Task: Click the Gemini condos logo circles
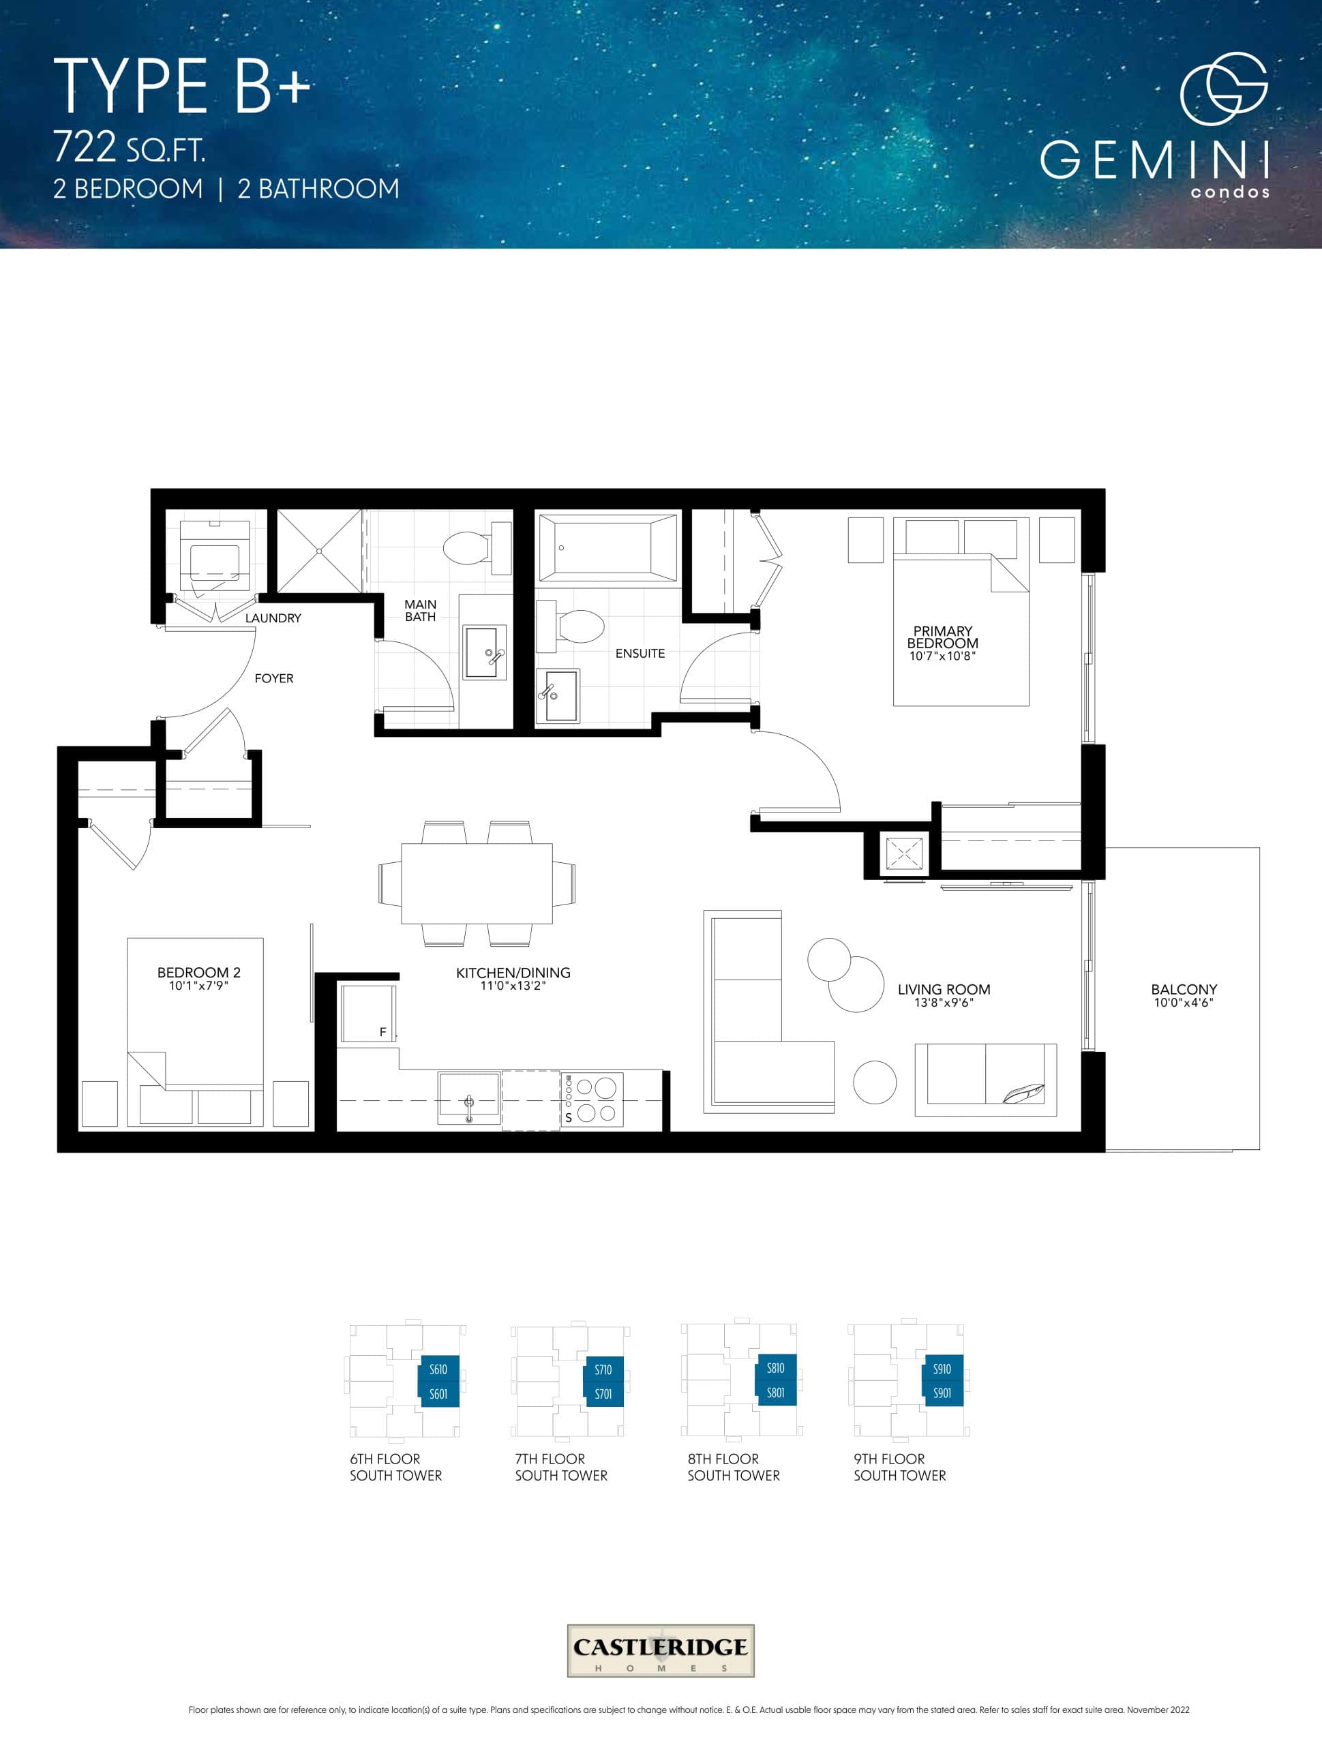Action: pos(1223,89)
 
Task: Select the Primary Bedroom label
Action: pos(942,637)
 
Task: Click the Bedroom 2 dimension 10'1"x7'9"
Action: pos(198,985)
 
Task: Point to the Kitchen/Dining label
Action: pos(513,973)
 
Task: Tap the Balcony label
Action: pos(1183,989)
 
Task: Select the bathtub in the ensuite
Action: pos(607,547)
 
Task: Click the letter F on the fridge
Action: pos(382,1032)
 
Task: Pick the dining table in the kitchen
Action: pos(477,883)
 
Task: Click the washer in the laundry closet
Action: pos(215,555)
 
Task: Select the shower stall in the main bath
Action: pos(319,551)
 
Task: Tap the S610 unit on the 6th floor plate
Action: pos(438,1370)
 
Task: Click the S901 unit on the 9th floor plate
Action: pos(942,1393)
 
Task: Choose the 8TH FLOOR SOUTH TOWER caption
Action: pos(733,1468)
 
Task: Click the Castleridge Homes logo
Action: pos(661,1651)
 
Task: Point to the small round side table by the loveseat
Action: pos(875,1082)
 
